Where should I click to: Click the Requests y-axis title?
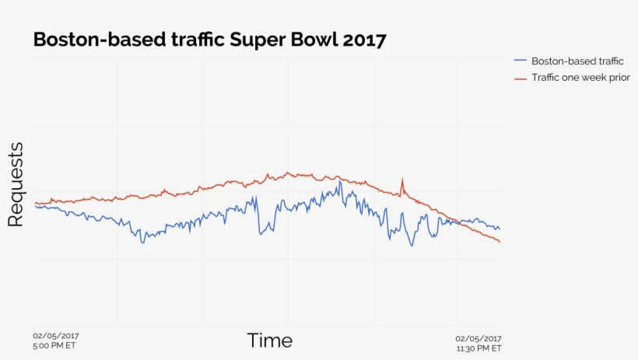pos(16,185)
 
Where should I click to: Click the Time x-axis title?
pos(270,341)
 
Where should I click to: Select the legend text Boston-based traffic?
pos(577,61)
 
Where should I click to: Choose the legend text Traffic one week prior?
pos(580,78)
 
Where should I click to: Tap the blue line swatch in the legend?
pos(521,61)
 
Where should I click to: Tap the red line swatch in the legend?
pos(521,78)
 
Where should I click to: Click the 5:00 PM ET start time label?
pos(54,346)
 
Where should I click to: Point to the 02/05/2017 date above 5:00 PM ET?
pos(56,337)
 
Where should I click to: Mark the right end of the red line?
pos(500,243)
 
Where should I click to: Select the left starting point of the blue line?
pos(35,206)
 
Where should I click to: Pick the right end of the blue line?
pos(500,229)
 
